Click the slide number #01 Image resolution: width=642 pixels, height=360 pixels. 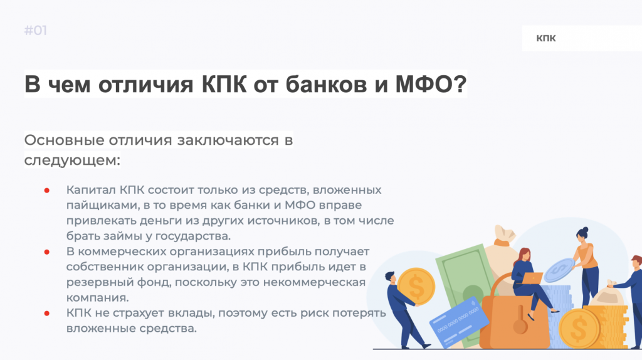(36, 31)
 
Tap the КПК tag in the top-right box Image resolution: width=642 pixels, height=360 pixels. (545, 39)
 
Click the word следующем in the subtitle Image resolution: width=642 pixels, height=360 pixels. (71, 159)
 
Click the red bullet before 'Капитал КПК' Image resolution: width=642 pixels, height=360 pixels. (47, 190)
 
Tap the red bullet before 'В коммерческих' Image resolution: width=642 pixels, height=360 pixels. (47, 251)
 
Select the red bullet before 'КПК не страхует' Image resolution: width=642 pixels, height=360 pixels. (47, 312)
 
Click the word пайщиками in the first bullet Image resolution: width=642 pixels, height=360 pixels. (96, 205)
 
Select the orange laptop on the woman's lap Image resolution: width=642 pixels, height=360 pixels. (533, 277)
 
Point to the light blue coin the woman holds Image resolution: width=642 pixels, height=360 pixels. (557, 270)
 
